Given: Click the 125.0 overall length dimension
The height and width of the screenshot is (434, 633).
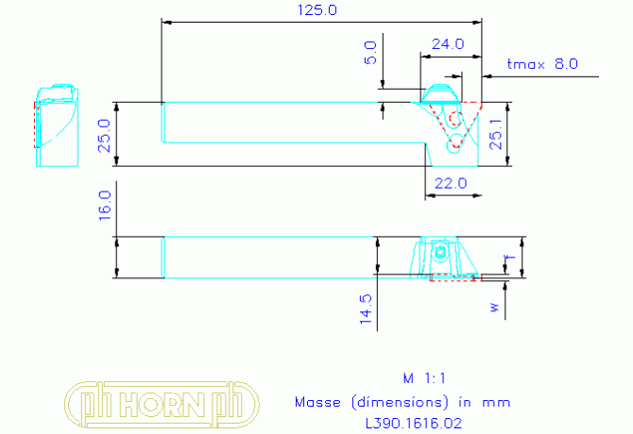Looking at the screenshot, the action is click(x=316, y=10).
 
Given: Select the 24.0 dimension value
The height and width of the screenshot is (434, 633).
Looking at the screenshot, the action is click(x=448, y=44).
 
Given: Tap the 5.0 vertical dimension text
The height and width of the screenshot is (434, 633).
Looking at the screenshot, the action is click(x=370, y=53).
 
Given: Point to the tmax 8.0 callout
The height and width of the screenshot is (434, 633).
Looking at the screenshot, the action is click(x=542, y=63).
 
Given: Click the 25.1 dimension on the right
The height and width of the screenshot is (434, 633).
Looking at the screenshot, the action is click(x=496, y=135).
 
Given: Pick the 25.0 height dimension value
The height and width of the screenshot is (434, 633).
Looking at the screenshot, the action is click(x=105, y=136).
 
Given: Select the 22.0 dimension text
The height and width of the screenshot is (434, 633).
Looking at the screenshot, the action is click(x=451, y=184).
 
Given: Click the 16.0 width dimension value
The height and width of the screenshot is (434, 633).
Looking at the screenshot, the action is click(x=105, y=206).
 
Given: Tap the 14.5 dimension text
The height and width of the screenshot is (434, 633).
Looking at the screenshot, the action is click(x=366, y=309).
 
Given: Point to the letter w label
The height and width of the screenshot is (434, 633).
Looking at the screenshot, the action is click(x=495, y=308).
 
